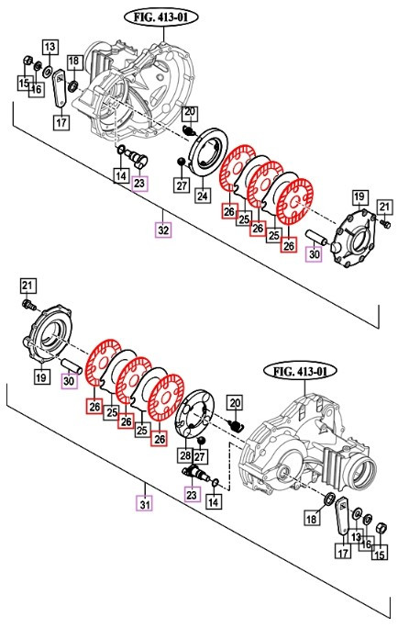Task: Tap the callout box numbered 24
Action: (x=202, y=195)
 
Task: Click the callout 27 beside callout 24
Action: (x=182, y=185)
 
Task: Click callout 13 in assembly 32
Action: (x=50, y=47)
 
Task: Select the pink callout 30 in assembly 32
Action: (x=314, y=254)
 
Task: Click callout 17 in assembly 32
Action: (x=61, y=121)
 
